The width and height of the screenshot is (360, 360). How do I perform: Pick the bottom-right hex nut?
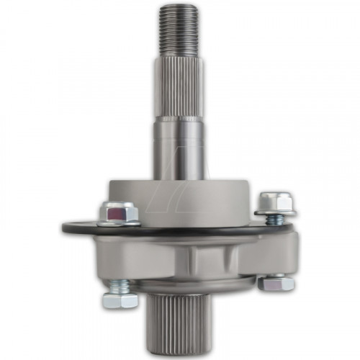coord(276,284)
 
